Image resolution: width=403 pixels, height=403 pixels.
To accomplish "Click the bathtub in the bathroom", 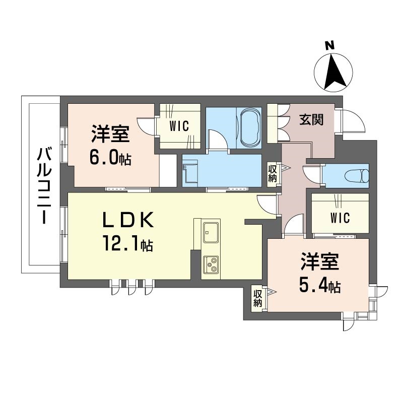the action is coord(249,128).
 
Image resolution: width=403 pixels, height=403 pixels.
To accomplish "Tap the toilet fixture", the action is coord(357,176).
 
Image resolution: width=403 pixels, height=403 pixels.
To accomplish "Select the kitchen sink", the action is coord(211,232).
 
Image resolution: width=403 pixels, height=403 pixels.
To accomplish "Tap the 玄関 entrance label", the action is coord(311,120).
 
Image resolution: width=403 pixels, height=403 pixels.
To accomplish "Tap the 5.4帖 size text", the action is coord(320,286).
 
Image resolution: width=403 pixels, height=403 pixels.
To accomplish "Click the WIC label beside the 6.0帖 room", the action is coord(179,126).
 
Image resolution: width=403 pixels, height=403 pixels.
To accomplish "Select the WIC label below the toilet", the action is coord(340,218).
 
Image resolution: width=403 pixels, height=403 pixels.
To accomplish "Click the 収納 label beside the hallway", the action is coord(272,174).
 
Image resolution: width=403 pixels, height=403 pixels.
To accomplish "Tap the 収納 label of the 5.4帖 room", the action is coord(257,298).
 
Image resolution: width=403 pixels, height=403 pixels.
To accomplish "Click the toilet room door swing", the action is coord(312,174).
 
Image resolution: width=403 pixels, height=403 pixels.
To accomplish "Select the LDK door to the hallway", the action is coord(268,205).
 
